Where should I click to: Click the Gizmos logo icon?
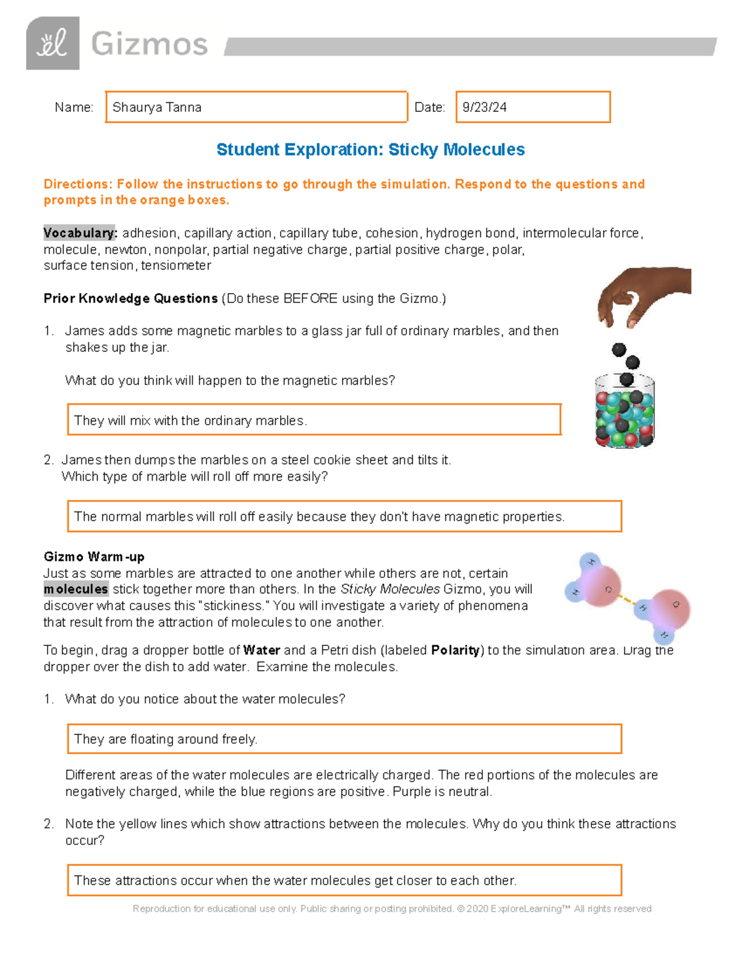(x=53, y=43)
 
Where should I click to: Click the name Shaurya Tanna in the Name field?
(x=157, y=108)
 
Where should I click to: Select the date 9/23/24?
(x=485, y=108)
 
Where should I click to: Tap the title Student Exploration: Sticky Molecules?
(x=370, y=150)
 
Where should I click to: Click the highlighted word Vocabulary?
(x=79, y=233)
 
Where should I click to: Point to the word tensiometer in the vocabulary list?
(x=176, y=266)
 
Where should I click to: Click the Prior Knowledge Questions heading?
(x=130, y=299)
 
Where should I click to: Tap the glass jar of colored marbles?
(x=625, y=411)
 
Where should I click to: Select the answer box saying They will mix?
(x=313, y=420)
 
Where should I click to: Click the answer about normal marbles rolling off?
(x=344, y=517)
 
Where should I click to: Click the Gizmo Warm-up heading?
(x=94, y=557)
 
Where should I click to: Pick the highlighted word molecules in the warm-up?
(x=75, y=589)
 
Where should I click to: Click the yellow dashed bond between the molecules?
(x=626, y=600)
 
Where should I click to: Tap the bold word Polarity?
(x=455, y=650)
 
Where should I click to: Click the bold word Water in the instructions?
(x=262, y=650)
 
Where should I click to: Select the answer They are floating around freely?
(x=344, y=739)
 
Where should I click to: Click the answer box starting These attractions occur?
(x=344, y=880)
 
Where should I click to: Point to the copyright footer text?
(x=392, y=909)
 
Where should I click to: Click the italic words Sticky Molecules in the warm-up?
(x=390, y=589)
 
